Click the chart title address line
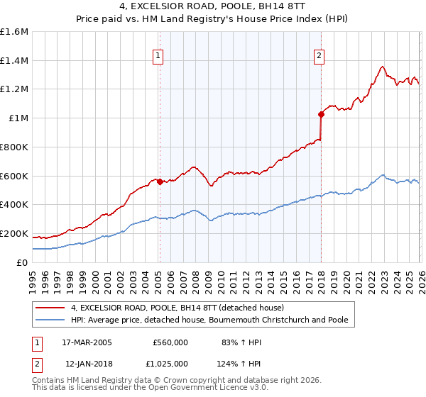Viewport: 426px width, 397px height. tap(212, 6)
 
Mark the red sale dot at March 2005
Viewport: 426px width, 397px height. tap(160, 181)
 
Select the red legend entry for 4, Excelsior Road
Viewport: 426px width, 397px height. tap(177, 308)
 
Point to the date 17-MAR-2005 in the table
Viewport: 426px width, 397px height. tap(85, 342)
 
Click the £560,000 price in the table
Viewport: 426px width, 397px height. tap(170, 342)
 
